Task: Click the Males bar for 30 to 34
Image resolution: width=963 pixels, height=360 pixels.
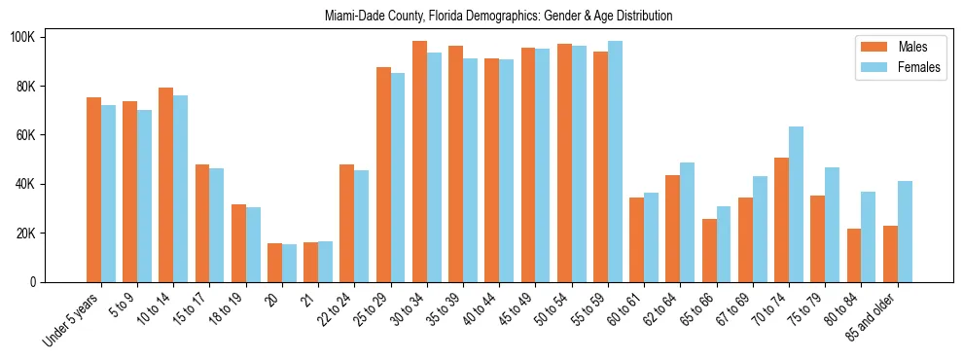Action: [419, 162]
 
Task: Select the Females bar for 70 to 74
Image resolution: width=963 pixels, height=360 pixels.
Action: [796, 204]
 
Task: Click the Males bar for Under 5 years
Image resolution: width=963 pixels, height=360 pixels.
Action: [93, 190]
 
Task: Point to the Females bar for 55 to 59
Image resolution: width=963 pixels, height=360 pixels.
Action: [615, 162]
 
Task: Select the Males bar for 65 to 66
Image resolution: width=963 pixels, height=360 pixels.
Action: [709, 250]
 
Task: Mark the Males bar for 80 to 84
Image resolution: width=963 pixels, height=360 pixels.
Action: [854, 255]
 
